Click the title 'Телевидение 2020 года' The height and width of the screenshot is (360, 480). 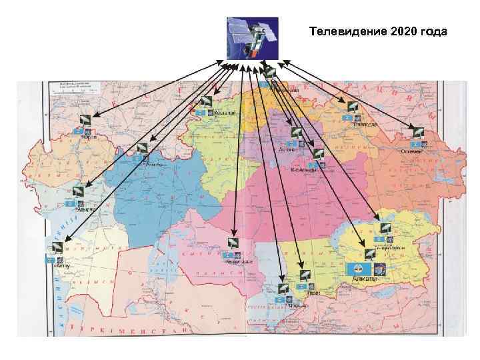(x=378, y=31)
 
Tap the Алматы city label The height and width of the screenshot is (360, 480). (x=364, y=279)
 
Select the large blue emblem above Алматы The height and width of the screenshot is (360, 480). (x=360, y=268)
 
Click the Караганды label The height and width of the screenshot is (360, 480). (x=303, y=170)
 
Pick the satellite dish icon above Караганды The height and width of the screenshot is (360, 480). (x=317, y=154)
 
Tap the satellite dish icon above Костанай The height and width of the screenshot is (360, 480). (x=206, y=102)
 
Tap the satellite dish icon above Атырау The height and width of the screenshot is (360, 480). (x=79, y=191)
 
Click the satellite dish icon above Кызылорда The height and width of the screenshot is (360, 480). (x=233, y=243)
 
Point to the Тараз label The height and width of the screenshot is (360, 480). (x=313, y=293)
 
